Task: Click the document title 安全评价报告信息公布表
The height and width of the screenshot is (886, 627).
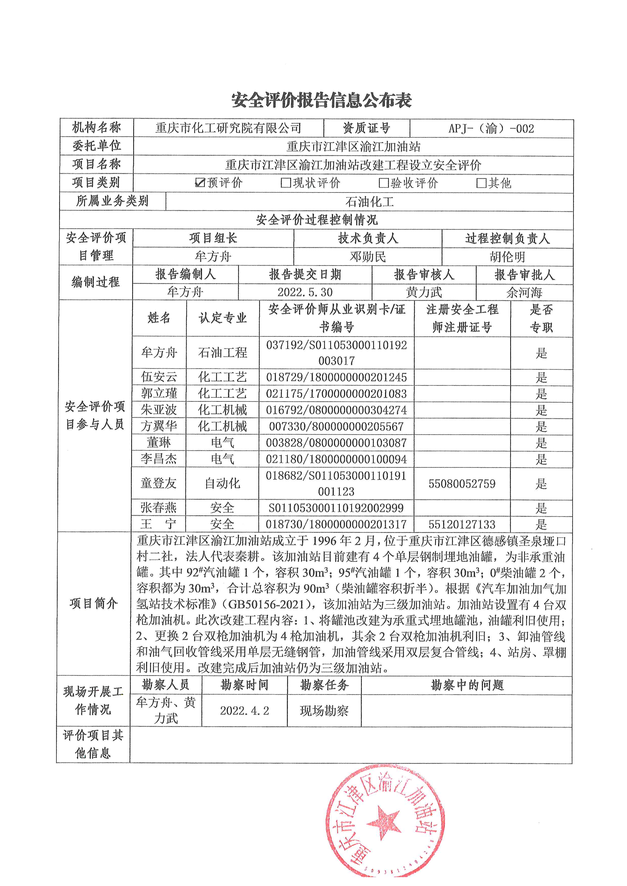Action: point(321,100)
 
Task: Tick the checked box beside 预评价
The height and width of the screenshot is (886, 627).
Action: point(200,182)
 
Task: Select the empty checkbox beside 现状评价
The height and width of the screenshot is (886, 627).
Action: point(286,182)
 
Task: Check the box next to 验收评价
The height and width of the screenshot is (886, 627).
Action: point(383,182)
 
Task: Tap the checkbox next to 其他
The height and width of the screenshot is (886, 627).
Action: point(481,182)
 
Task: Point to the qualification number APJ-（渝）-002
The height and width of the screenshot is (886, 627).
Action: point(491,129)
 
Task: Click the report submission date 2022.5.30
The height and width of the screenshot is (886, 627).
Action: point(305,292)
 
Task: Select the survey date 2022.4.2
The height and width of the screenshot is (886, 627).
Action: point(244,710)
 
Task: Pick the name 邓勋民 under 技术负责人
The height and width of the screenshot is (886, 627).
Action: point(368,257)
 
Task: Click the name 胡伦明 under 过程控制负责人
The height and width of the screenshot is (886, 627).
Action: point(507,257)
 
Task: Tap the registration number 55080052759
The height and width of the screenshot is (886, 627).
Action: point(462,484)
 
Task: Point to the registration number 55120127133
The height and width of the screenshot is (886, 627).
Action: point(462,524)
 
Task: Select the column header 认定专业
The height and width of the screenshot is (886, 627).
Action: point(222,318)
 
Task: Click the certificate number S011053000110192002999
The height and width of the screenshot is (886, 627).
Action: point(336,508)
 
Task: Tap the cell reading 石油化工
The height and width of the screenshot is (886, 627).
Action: point(369,201)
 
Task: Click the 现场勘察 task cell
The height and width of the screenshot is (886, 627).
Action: point(324,710)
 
